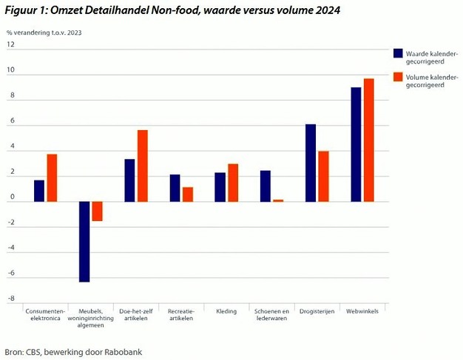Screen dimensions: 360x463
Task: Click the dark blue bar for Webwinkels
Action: click(x=356, y=144)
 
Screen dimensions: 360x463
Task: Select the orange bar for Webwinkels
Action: click(x=368, y=140)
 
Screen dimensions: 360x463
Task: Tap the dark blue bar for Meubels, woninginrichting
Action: click(x=84, y=242)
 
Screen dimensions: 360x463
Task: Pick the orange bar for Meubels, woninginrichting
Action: click(x=97, y=211)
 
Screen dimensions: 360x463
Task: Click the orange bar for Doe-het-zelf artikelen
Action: click(x=143, y=166)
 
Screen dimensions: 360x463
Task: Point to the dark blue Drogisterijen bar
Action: click(x=311, y=163)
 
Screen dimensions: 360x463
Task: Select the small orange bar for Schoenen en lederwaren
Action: click(x=278, y=200)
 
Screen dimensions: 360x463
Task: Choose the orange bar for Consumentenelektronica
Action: click(x=52, y=177)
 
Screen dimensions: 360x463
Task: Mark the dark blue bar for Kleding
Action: click(x=220, y=187)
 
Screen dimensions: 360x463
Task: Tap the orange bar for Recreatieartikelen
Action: click(x=188, y=194)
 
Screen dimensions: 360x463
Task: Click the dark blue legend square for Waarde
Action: click(x=398, y=53)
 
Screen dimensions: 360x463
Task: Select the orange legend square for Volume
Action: click(x=398, y=77)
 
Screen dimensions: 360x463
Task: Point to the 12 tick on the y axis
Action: click(x=11, y=45)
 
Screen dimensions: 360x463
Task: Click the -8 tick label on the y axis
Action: click(x=11, y=299)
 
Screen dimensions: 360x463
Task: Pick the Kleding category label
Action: click(x=226, y=311)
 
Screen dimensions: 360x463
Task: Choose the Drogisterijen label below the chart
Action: click(x=317, y=311)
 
